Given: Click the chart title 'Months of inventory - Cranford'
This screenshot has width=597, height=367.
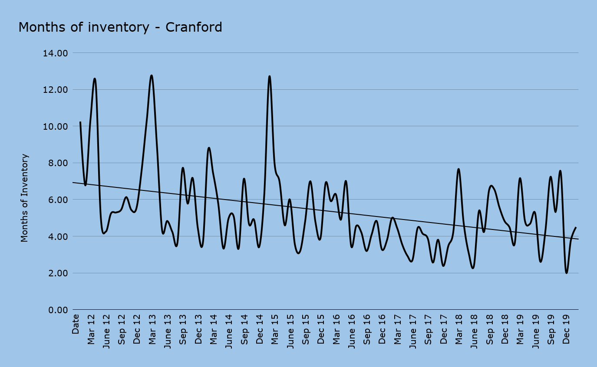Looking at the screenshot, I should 120,27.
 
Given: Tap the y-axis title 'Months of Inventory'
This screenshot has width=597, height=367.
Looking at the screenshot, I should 25,198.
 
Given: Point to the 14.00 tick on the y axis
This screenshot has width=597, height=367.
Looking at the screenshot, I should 55,53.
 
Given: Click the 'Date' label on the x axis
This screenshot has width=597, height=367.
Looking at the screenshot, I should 76,324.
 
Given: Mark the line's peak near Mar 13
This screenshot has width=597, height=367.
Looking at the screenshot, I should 151,75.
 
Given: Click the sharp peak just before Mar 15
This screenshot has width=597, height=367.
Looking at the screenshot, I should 270,76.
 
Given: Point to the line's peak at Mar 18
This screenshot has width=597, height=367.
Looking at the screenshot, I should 458,169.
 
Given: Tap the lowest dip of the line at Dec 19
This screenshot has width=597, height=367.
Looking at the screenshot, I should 567,273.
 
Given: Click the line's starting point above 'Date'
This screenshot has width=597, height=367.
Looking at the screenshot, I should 80,122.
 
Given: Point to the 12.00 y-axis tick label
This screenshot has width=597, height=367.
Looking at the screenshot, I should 55,90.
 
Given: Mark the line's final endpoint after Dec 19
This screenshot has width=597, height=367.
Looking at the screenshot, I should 576,227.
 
